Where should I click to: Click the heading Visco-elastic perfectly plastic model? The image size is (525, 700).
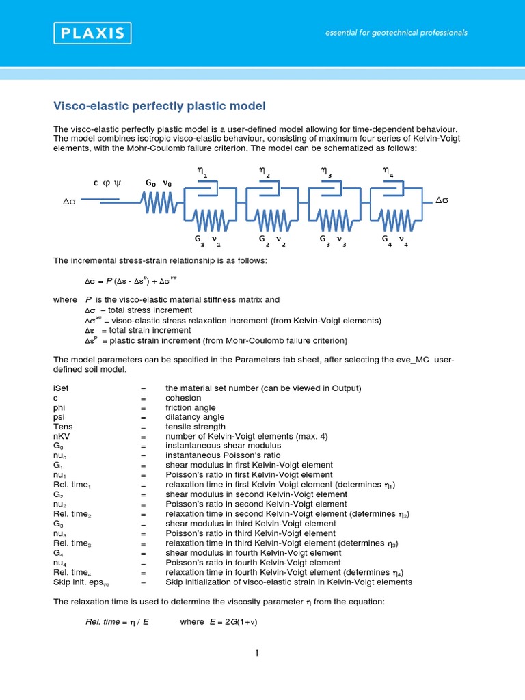point(159,106)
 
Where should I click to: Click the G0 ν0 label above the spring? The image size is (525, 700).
point(159,183)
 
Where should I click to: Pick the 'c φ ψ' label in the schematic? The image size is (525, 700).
point(107,183)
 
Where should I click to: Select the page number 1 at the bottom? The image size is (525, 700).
point(258,654)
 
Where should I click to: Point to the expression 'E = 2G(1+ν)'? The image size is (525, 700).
point(233,622)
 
